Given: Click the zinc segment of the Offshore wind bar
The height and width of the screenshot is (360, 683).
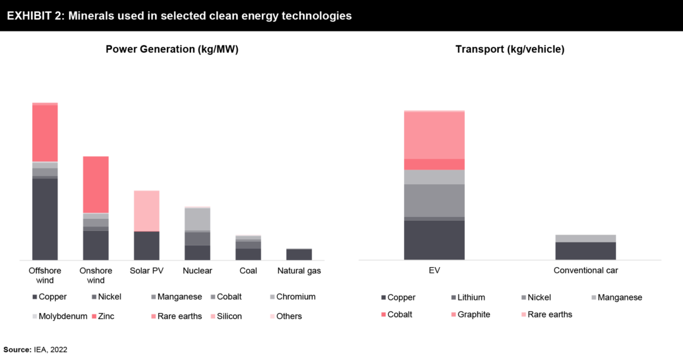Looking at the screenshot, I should [45, 133].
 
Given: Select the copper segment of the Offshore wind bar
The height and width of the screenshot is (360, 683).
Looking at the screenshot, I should [45, 219].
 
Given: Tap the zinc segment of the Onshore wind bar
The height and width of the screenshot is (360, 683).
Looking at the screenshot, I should [95, 184].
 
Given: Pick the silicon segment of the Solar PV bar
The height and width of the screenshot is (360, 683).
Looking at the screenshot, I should [146, 211].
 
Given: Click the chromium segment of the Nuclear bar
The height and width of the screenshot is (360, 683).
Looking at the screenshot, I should [197, 219].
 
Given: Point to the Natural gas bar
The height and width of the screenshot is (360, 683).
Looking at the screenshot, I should [299, 254].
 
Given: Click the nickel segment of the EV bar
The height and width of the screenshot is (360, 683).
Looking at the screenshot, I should [434, 200].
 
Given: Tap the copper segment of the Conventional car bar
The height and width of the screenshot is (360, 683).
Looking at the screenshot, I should [586, 251].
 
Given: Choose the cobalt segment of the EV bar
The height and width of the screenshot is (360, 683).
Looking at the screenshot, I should [434, 164].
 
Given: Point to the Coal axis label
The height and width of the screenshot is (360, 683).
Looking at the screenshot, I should [248, 271].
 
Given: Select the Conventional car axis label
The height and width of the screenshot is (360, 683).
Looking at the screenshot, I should [586, 270].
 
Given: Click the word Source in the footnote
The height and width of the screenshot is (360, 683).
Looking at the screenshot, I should [17, 349].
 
